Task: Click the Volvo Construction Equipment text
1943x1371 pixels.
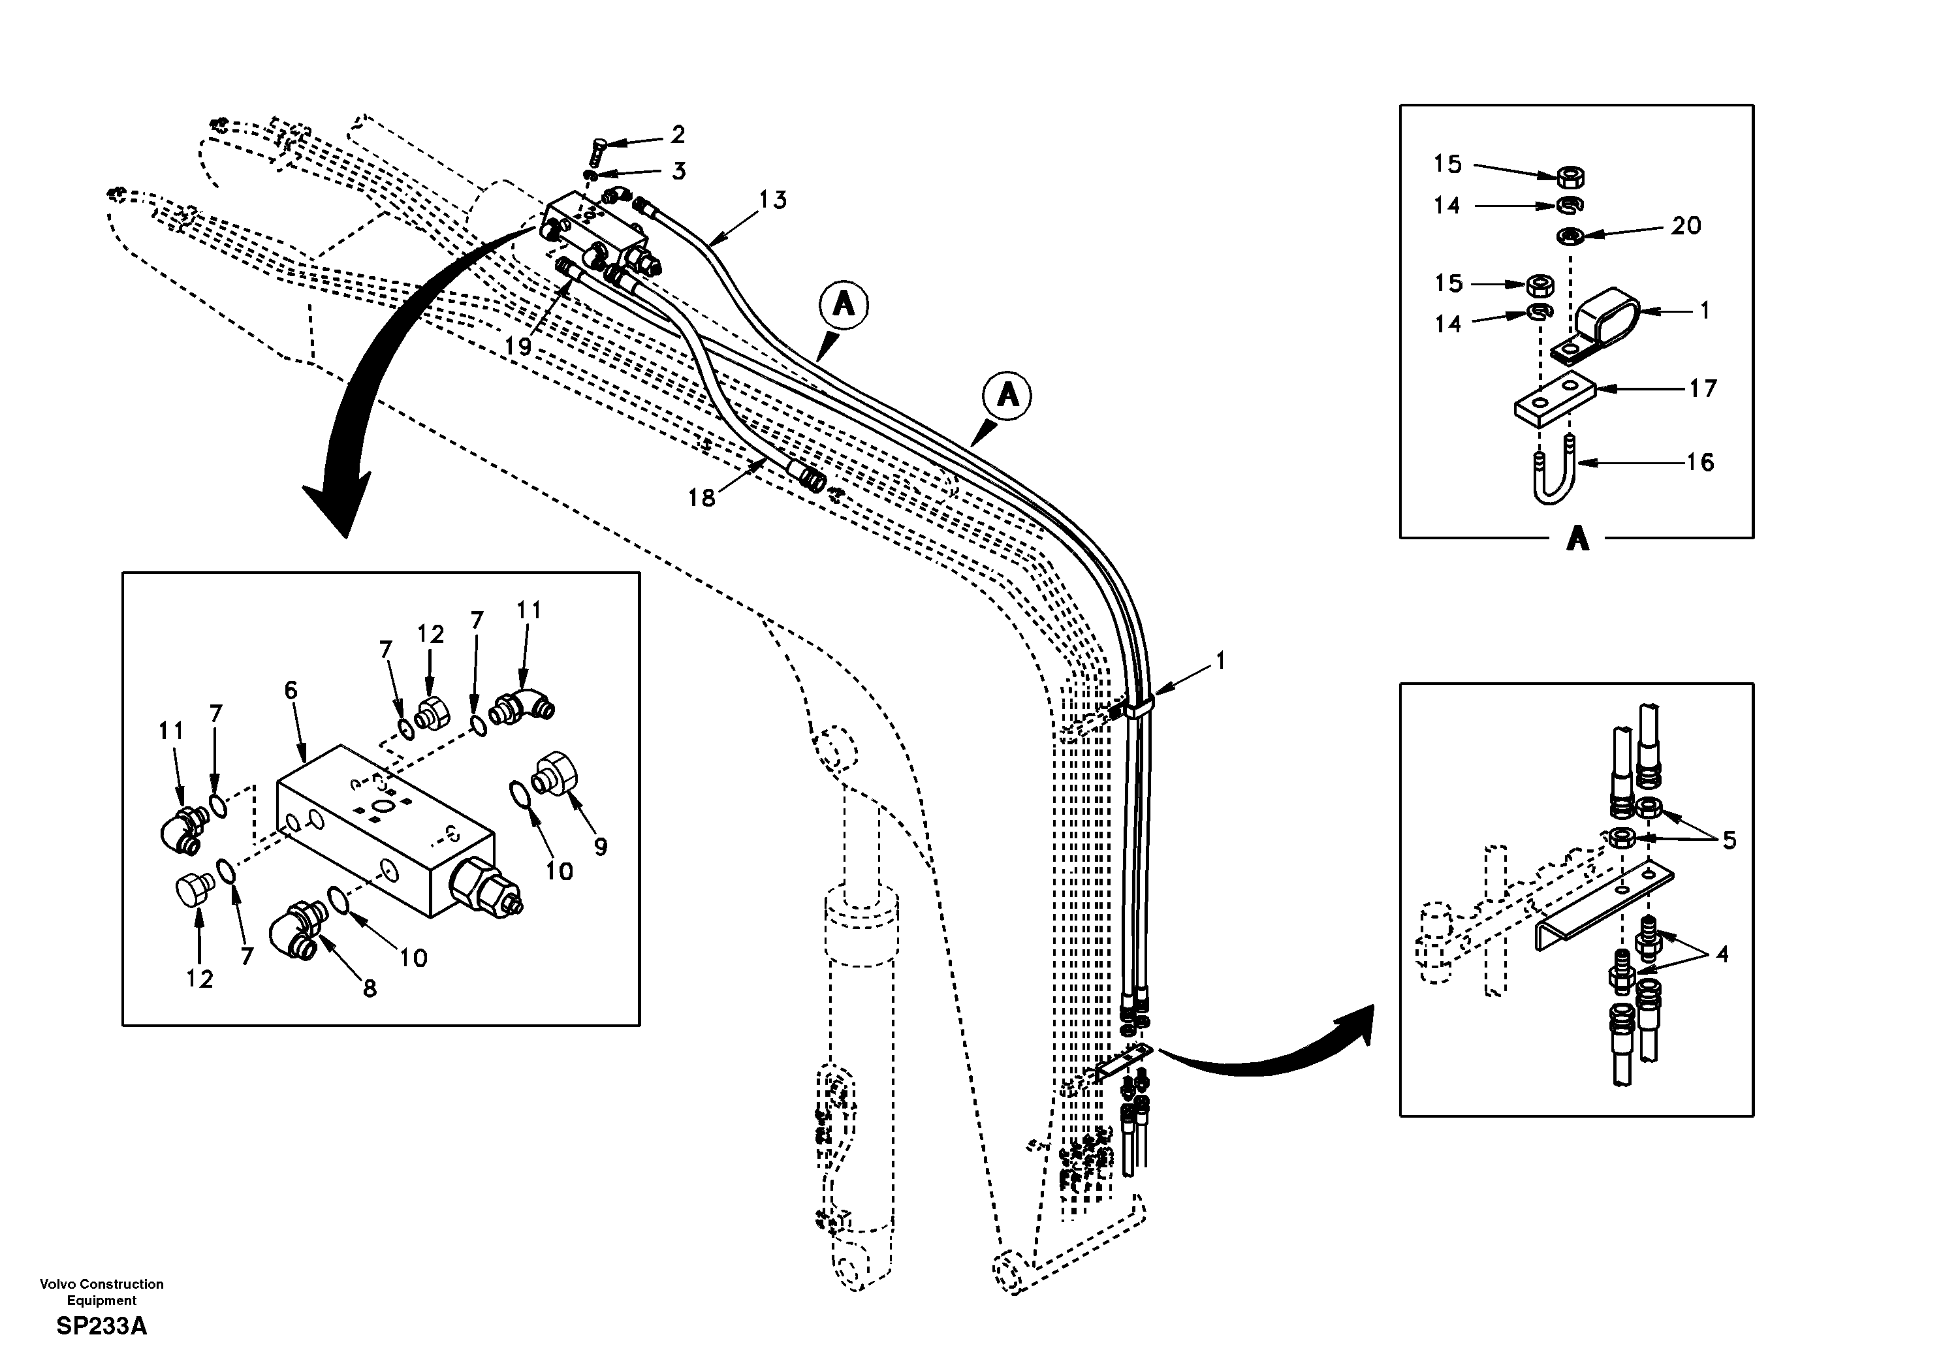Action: tap(102, 1291)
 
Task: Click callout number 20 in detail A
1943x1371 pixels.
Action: tap(1685, 225)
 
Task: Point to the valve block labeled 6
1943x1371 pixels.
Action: tap(385, 829)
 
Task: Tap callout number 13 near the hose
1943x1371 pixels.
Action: tap(772, 200)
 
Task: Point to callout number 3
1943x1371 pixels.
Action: tap(679, 171)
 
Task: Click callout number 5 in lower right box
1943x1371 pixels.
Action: tap(1729, 840)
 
